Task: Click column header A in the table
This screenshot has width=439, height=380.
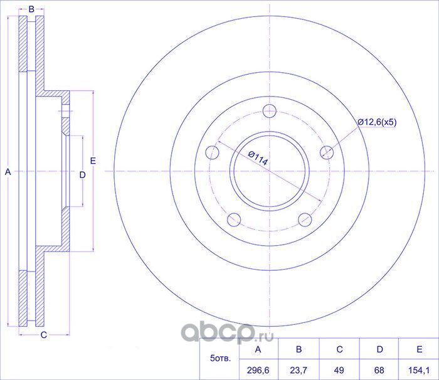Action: coord(259,350)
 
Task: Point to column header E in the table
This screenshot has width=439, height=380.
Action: coord(420,350)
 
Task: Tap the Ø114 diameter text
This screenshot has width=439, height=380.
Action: coord(258,158)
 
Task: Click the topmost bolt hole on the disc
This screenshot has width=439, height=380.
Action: coord(270,111)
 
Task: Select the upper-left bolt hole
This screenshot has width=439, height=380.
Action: coord(213,152)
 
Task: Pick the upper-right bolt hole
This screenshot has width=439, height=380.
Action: coord(327,152)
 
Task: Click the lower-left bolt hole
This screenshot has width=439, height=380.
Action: coord(235,219)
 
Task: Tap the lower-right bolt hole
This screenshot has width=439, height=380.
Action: coord(305,219)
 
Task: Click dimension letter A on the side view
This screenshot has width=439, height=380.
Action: coord(8,171)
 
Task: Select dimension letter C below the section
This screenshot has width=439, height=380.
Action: coord(43,335)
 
